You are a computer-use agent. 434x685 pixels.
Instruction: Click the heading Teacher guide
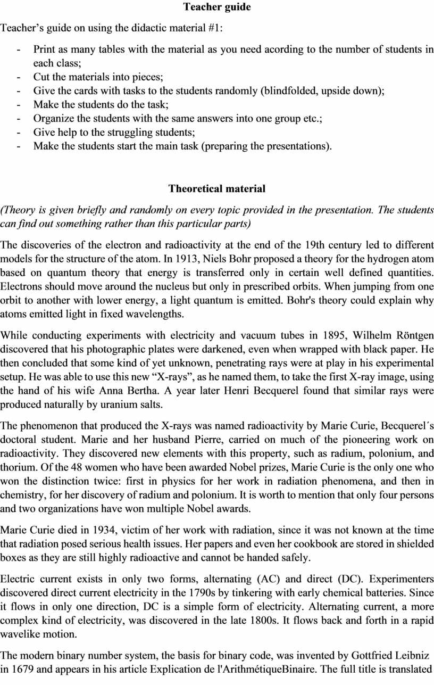(x=217, y=7)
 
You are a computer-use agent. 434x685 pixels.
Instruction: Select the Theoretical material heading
(x=217, y=189)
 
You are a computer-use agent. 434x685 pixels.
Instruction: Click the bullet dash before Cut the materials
(x=19, y=77)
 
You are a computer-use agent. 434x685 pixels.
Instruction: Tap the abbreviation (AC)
(x=269, y=579)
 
